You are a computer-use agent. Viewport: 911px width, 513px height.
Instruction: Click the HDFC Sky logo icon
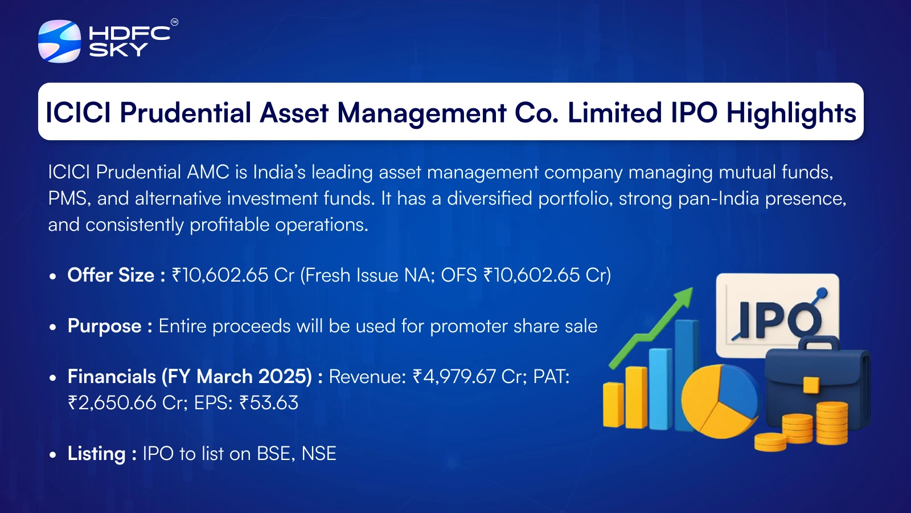coord(59,41)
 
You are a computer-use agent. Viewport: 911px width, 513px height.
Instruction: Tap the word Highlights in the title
coord(791,113)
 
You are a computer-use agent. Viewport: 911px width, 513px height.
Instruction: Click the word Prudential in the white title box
coord(186,112)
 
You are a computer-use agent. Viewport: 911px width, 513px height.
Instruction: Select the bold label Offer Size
coord(110,275)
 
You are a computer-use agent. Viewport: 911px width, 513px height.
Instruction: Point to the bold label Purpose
coord(105,326)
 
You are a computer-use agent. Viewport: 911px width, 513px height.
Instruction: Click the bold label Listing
coord(96,454)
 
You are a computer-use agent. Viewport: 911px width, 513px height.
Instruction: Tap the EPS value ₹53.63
coord(269,402)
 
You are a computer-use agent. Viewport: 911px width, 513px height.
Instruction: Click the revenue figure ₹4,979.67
coord(454,377)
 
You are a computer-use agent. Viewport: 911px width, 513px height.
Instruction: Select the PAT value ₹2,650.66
coord(112,402)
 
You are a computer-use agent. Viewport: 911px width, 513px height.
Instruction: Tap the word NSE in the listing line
coord(319,454)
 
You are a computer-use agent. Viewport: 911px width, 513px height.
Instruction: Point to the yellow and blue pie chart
coord(721,401)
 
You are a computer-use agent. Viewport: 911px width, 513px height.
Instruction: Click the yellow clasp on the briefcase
coord(811,385)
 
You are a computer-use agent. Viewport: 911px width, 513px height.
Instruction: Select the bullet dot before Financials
coord(52,378)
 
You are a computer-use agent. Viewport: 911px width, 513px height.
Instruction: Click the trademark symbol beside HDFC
coord(174,22)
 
